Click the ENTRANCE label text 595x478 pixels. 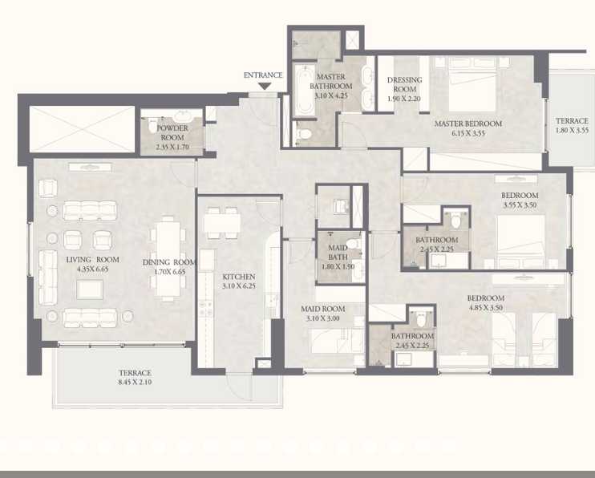tap(263, 75)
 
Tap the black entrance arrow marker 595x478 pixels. tap(263, 86)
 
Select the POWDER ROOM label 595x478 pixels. tap(172, 133)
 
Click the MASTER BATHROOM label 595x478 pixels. tap(331, 81)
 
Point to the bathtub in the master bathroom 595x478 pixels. tap(303, 90)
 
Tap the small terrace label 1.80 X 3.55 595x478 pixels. tap(572, 129)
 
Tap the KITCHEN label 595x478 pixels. tap(239, 277)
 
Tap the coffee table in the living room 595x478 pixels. tap(89, 290)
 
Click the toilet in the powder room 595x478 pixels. tap(153, 125)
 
